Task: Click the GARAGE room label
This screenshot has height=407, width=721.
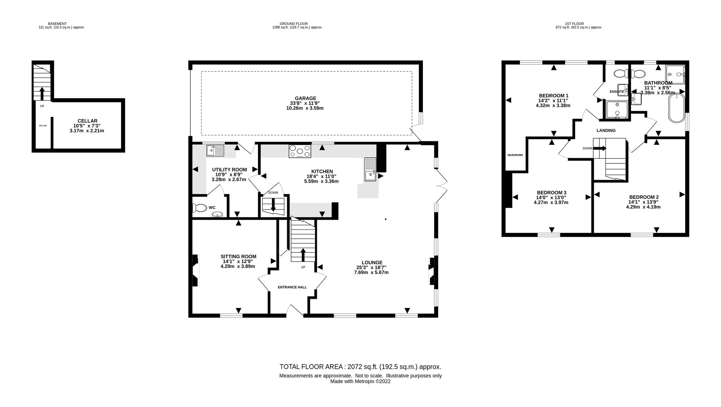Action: (x=305, y=98)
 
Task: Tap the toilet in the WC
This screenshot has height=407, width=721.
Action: (x=200, y=208)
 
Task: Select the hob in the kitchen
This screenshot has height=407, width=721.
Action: (x=300, y=151)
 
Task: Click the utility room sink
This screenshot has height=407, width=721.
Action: (x=215, y=150)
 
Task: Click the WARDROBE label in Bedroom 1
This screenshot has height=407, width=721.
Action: (x=515, y=155)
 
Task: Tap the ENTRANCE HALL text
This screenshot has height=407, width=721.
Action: (x=292, y=287)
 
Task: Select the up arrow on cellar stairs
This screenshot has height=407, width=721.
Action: (x=42, y=93)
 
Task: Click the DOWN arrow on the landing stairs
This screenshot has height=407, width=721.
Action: (x=602, y=148)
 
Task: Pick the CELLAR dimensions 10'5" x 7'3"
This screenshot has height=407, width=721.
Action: (x=87, y=126)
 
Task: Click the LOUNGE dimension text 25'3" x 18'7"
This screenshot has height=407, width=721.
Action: (x=372, y=267)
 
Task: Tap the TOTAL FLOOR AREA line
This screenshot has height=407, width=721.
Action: (x=360, y=367)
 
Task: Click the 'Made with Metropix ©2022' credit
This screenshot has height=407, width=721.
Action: (x=360, y=381)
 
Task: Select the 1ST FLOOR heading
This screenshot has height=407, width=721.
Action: (x=574, y=24)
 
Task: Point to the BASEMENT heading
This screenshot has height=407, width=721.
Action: (x=57, y=24)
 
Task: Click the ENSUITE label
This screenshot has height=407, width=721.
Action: (x=616, y=92)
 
